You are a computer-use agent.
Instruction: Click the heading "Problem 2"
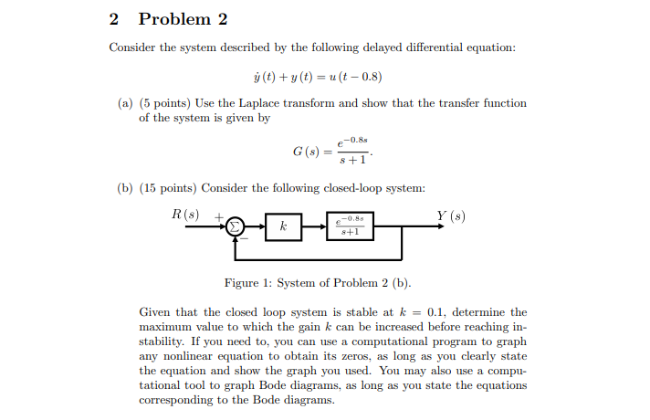pyautogui.click(x=182, y=19)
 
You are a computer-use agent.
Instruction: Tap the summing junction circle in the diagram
pyautogui.click(x=235, y=226)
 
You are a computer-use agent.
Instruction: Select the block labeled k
pyautogui.click(x=284, y=226)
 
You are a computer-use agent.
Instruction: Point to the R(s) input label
pyautogui.click(x=184, y=215)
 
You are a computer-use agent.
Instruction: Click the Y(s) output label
pyautogui.click(x=451, y=216)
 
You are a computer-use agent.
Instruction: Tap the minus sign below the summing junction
pyautogui.click(x=244, y=238)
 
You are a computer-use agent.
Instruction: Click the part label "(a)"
pyautogui.click(x=124, y=103)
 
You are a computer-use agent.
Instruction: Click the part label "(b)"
pyautogui.click(x=124, y=188)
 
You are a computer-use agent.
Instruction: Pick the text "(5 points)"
pyautogui.click(x=166, y=103)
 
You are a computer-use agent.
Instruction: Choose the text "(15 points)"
pyautogui.click(x=170, y=188)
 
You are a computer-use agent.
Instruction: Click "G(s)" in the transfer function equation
pyautogui.click(x=306, y=151)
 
